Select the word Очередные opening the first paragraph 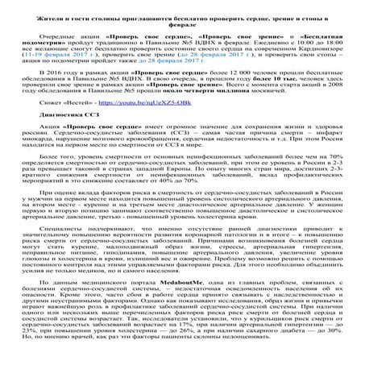pos(79,38)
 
